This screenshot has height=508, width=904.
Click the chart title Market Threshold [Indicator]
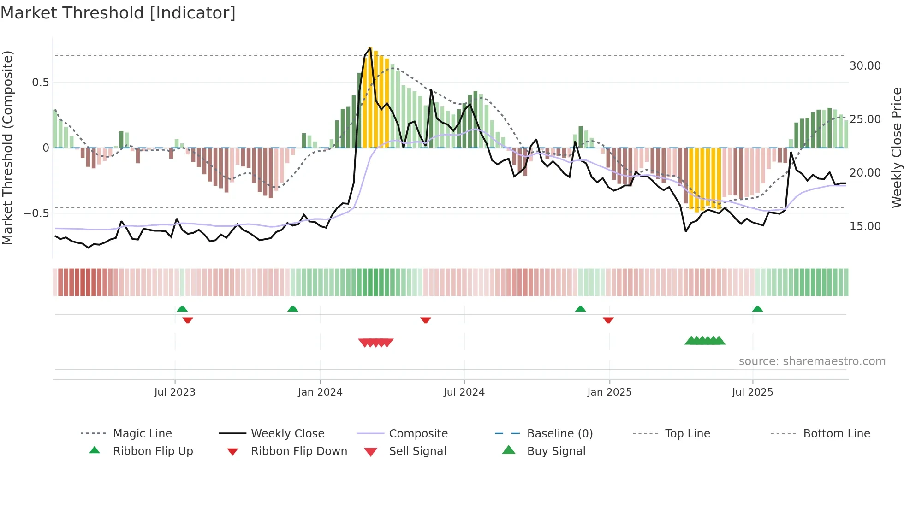pyautogui.click(x=118, y=13)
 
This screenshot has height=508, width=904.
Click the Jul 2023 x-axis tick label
pyautogui.click(x=175, y=392)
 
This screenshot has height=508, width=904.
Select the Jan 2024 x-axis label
pyautogui.click(x=320, y=392)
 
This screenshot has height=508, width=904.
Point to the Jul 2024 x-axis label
pyautogui.click(x=464, y=392)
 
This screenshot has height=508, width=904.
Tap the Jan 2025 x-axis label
pyautogui.click(x=609, y=392)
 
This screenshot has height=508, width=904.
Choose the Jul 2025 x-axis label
pyautogui.click(x=752, y=392)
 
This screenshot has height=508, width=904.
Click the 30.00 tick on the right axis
pyautogui.click(x=865, y=66)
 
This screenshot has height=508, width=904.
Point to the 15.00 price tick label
pyautogui.click(x=865, y=226)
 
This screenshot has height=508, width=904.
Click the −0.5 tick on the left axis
pyautogui.click(x=36, y=213)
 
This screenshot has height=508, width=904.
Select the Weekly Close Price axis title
pyautogui.click(x=896, y=148)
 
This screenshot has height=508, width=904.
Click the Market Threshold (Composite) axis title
pyautogui.click(x=7, y=148)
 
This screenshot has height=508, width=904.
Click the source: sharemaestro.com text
pyautogui.click(x=812, y=361)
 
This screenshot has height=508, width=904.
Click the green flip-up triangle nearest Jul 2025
pyautogui.click(x=757, y=309)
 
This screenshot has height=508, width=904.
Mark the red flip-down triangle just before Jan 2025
pyautogui.click(x=608, y=320)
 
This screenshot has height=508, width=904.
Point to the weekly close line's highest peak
pyautogui.click(x=370, y=47)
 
